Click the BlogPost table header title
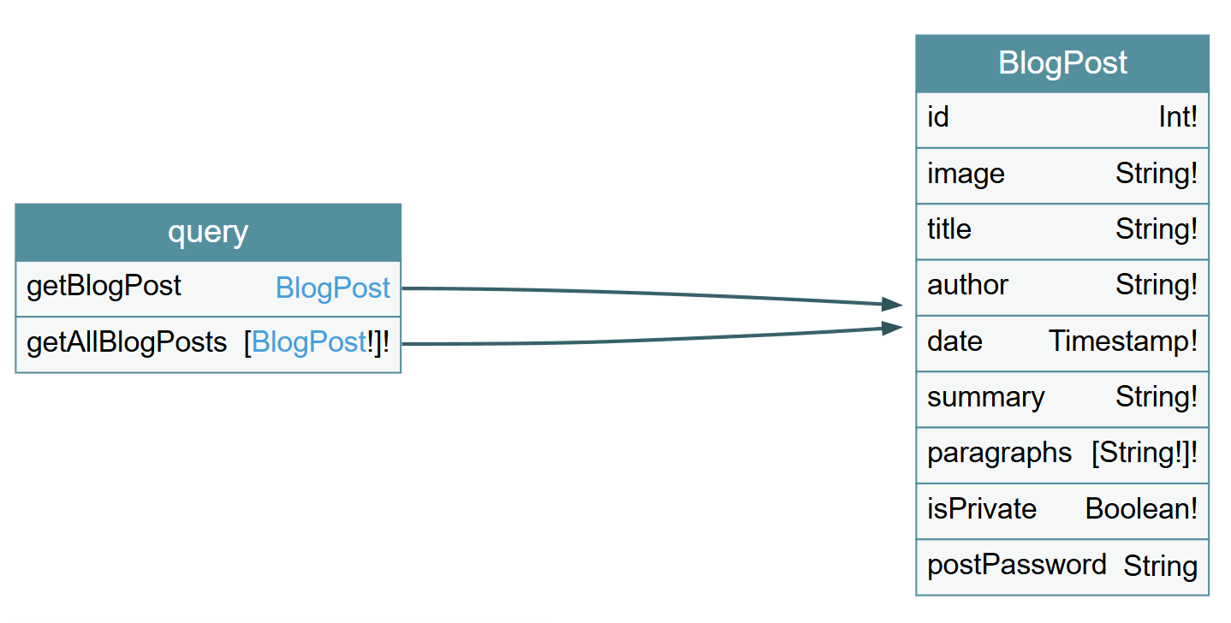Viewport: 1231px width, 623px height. (x=1062, y=62)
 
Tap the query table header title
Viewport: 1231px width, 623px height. (x=208, y=233)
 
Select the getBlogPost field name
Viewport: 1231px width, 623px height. (x=104, y=286)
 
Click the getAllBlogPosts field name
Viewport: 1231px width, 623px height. (x=127, y=342)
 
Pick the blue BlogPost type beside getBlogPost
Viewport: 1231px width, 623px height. (x=333, y=288)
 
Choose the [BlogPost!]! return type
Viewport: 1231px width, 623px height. (x=317, y=342)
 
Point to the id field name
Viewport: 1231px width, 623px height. (x=938, y=117)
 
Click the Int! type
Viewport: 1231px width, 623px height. (x=1178, y=117)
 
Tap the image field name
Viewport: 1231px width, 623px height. (x=966, y=175)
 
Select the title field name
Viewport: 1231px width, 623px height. (x=949, y=229)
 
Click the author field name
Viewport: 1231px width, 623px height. (x=967, y=285)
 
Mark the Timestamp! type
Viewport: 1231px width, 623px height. (x=1123, y=341)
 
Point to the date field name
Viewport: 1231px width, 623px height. (x=954, y=341)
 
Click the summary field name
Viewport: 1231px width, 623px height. (x=986, y=398)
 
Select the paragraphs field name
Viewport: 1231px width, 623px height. (x=1000, y=454)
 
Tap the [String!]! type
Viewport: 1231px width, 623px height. (x=1145, y=454)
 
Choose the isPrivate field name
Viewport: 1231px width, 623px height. (x=982, y=508)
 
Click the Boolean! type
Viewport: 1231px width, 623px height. (x=1141, y=508)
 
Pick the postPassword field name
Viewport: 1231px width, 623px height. (x=1017, y=565)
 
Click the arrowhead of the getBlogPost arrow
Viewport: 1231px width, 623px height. (x=891, y=304)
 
